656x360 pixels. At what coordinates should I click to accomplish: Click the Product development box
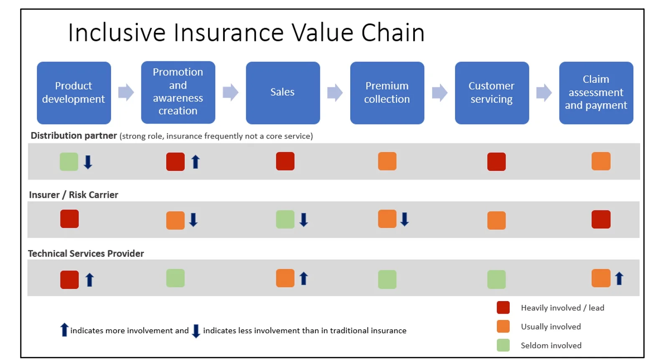click(74, 93)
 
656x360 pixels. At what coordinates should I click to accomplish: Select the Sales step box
click(283, 93)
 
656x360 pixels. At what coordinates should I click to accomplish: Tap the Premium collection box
click(387, 93)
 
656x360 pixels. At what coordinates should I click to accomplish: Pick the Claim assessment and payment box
click(596, 93)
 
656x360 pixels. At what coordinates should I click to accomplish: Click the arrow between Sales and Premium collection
click(335, 93)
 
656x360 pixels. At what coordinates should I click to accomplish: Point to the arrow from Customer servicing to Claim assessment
click(544, 93)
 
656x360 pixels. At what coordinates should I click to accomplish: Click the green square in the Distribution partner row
click(69, 162)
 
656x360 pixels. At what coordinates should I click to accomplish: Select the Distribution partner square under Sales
click(285, 161)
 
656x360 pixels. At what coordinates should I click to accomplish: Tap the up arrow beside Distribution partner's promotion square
click(196, 162)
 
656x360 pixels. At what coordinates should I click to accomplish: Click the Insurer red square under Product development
click(69, 219)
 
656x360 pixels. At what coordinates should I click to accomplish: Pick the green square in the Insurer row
click(285, 219)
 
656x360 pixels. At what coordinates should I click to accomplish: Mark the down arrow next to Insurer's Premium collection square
click(404, 219)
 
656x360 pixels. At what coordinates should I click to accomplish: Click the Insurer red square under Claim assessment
click(601, 219)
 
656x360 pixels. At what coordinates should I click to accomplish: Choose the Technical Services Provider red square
click(69, 279)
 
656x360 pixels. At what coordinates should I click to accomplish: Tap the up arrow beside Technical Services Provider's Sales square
click(304, 279)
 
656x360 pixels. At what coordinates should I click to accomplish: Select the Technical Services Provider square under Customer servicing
click(496, 279)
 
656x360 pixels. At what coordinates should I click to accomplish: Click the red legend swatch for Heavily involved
click(503, 307)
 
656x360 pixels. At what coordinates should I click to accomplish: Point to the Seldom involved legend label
click(551, 345)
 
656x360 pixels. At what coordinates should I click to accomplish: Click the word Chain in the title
click(393, 33)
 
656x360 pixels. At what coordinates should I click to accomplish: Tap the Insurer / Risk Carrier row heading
click(74, 195)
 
